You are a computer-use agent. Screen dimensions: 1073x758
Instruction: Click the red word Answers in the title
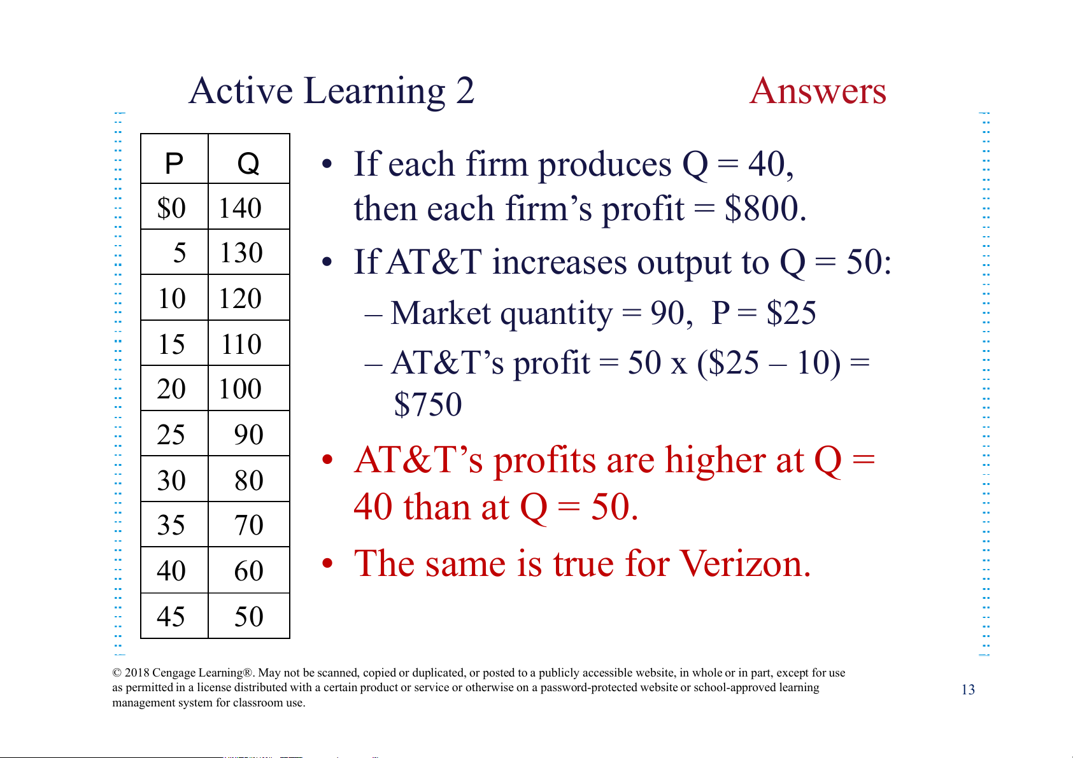coord(818,90)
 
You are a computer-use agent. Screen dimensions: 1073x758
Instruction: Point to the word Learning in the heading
coord(374,92)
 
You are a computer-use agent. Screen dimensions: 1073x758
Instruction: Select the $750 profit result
coord(428,404)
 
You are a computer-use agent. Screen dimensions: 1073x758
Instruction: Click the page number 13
coord(968,689)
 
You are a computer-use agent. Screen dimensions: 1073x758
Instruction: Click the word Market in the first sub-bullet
coord(440,313)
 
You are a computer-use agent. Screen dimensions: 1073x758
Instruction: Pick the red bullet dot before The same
coord(327,564)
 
